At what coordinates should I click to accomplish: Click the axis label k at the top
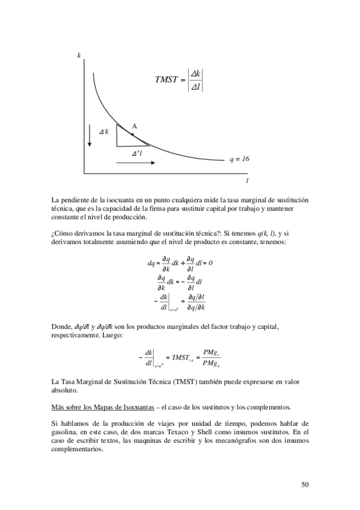pos(79,55)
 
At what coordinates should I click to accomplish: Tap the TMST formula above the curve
pos(179,81)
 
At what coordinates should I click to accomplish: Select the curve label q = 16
pos(239,159)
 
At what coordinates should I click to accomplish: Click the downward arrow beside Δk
pos(90,136)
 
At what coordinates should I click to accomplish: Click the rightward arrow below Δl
pos(140,163)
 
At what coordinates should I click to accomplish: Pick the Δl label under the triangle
pos(137,153)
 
